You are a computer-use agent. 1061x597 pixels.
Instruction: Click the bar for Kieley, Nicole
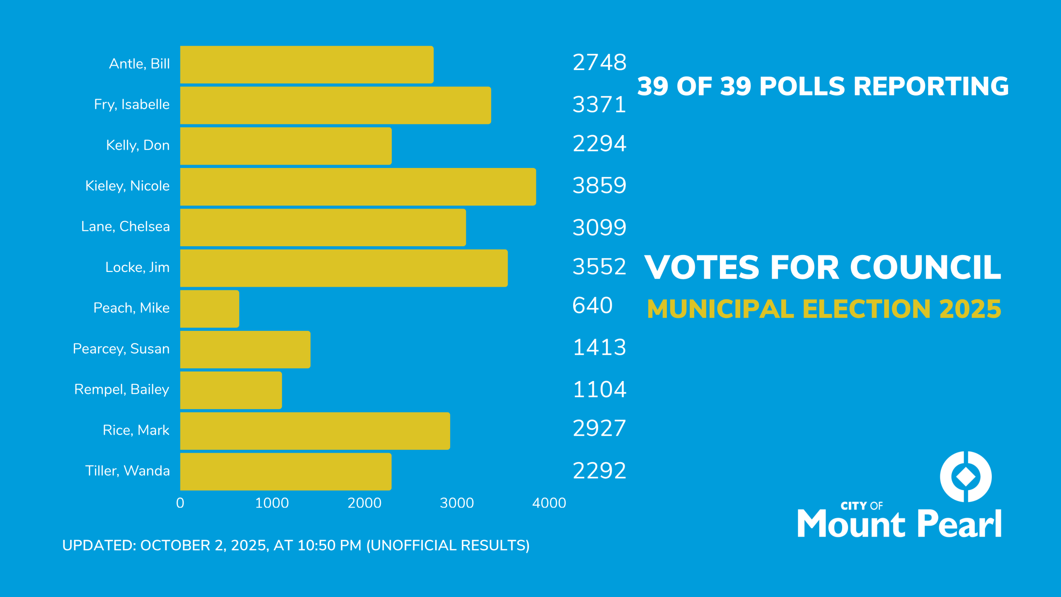pyautogui.click(x=358, y=187)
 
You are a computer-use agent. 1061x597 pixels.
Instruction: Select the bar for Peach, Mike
pyautogui.click(x=210, y=309)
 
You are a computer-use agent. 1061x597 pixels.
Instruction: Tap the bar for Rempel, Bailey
pyautogui.click(x=231, y=390)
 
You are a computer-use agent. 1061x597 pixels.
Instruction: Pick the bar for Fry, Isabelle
pyautogui.click(x=336, y=105)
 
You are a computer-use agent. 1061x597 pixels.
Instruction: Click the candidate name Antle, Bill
pyautogui.click(x=139, y=64)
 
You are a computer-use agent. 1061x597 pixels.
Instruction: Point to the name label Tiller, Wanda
pyautogui.click(x=127, y=471)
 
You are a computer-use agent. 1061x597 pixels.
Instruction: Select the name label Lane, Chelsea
pyautogui.click(x=125, y=226)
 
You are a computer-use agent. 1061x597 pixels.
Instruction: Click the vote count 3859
pyautogui.click(x=599, y=185)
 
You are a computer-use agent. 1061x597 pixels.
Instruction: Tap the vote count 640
pyautogui.click(x=592, y=306)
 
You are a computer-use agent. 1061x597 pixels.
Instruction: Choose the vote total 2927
pyautogui.click(x=599, y=428)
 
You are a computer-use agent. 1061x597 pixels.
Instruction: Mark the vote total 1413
pyautogui.click(x=599, y=347)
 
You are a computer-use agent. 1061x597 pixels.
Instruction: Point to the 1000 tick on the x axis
pyautogui.click(x=272, y=503)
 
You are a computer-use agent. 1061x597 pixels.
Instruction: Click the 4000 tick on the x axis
pyautogui.click(x=549, y=503)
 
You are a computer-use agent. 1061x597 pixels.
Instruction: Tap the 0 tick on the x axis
pyautogui.click(x=180, y=503)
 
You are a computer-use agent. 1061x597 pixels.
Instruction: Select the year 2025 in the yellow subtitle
pyautogui.click(x=970, y=309)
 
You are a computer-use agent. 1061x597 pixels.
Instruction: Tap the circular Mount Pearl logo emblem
pyautogui.click(x=966, y=476)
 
